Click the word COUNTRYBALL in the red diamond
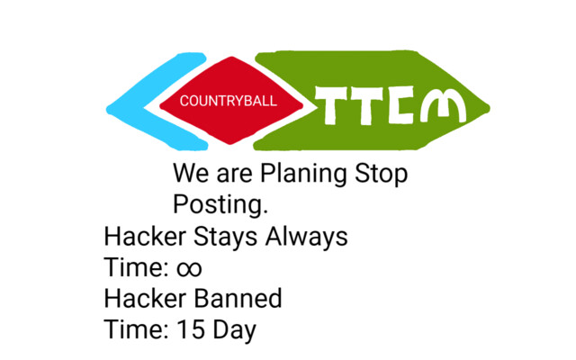click(228, 101)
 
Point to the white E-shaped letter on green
click(400, 104)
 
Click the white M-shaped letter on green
click(443, 105)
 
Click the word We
click(191, 173)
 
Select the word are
click(234, 175)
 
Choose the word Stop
click(381, 174)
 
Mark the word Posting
click(220, 204)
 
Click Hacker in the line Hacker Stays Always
click(145, 236)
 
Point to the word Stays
click(225, 238)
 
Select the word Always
click(306, 238)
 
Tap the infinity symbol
click(189, 268)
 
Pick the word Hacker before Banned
click(145, 298)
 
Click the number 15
click(191, 329)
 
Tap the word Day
click(234, 330)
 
